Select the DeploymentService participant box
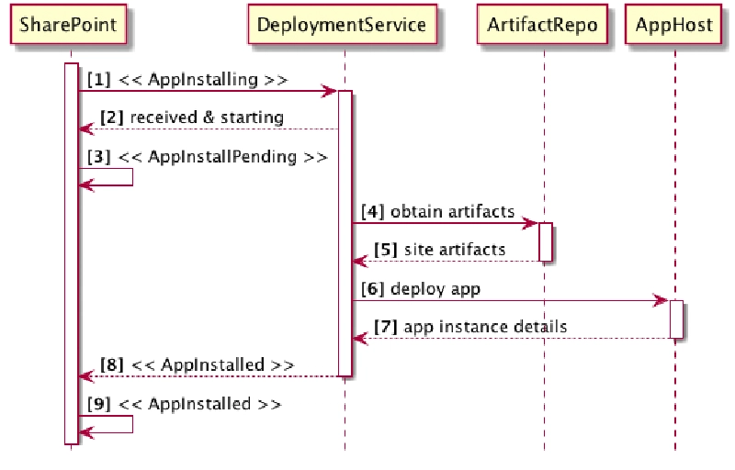click(x=342, y=25)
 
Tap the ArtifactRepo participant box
click(x=543, y=25)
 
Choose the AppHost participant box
click(x=674, y=25)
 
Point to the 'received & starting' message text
click(x=207, y=117)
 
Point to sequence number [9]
click(x=100, y=404)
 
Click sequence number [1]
click(x=99, y=79)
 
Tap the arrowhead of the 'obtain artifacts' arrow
click(x=531, y=223)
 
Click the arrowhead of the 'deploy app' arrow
click(x=661, y=300)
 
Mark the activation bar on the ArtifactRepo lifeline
click(x=544, y=242)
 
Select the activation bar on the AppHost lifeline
click(x=675, y=319)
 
